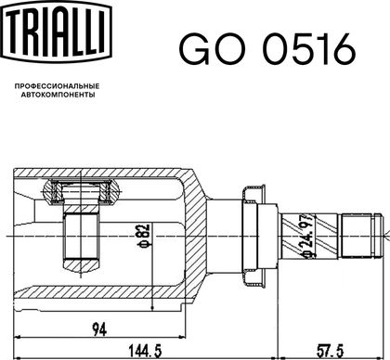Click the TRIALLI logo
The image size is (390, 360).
pos(56,32)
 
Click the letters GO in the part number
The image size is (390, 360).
pos(213,49)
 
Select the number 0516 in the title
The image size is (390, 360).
pos(309,49)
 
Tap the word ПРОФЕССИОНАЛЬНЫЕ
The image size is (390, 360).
pos(57,86)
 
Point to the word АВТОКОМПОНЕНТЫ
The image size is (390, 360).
pos(58,95)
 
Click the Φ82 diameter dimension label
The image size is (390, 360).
pos(144,236)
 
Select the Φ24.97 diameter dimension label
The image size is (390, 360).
pos(306,235)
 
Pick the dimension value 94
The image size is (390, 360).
pos(99,329)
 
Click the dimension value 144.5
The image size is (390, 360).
pos(145,351)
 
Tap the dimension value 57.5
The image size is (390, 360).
pos(330,351)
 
